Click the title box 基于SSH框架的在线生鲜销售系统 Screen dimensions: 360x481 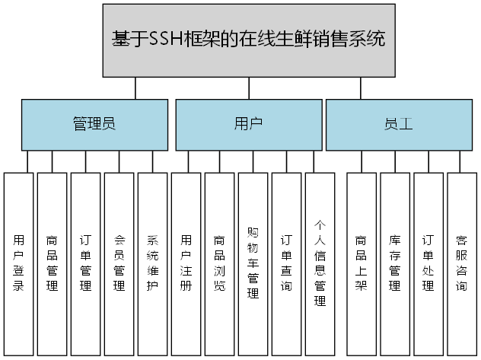(x=247, y=40)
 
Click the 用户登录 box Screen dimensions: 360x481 (x=19, y=263)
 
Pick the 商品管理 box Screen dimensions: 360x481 (x=53, y=263)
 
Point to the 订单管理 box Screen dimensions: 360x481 (x=86, y=263)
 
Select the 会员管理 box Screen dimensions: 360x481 (x=119, y=263)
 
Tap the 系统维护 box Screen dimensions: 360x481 (x=152, y=263)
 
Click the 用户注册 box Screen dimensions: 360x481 (x=186, y=263)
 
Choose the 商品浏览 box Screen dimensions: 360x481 (x=220, y=263)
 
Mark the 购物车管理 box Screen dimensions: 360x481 (x=253, y=263)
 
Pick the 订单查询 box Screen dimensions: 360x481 (x=287, y=263)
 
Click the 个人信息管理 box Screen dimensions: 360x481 (x=320, y=263)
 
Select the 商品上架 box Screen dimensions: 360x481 (x=362, y=263)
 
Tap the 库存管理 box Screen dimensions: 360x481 (x=395, y=263)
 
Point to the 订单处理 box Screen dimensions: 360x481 (x=428, y=263)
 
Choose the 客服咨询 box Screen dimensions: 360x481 (x=462, y=263)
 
